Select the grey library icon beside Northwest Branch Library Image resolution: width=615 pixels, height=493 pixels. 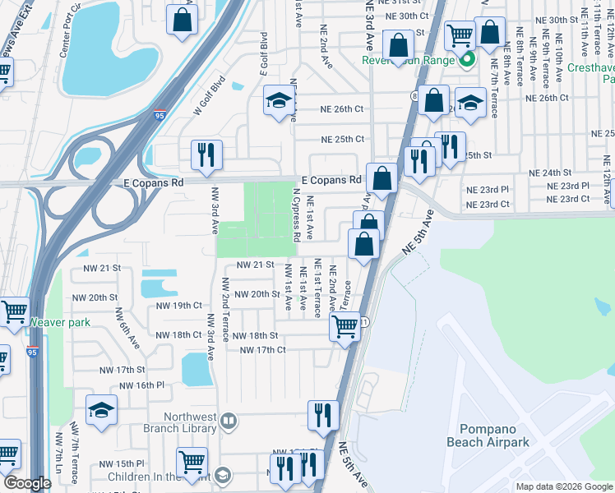pyautogui.click(x=229, y=422)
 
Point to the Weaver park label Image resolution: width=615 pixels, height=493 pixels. pyautogui.click(x=59, y=322)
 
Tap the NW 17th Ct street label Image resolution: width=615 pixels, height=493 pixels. pyautogui.click(x=262, y=350)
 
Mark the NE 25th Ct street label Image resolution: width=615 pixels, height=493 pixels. pyautogui.click(x=342, y=140)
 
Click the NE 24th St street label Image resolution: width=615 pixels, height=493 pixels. pyautogui.click(x=550, y=173)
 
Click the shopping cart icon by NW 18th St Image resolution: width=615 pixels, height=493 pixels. pyautogui.click(x=344, y=326)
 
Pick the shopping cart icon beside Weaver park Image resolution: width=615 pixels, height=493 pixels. pyautogui.click(x=14, y=311)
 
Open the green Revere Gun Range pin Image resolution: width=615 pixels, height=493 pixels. pyautogui.click(x=467, y=59)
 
